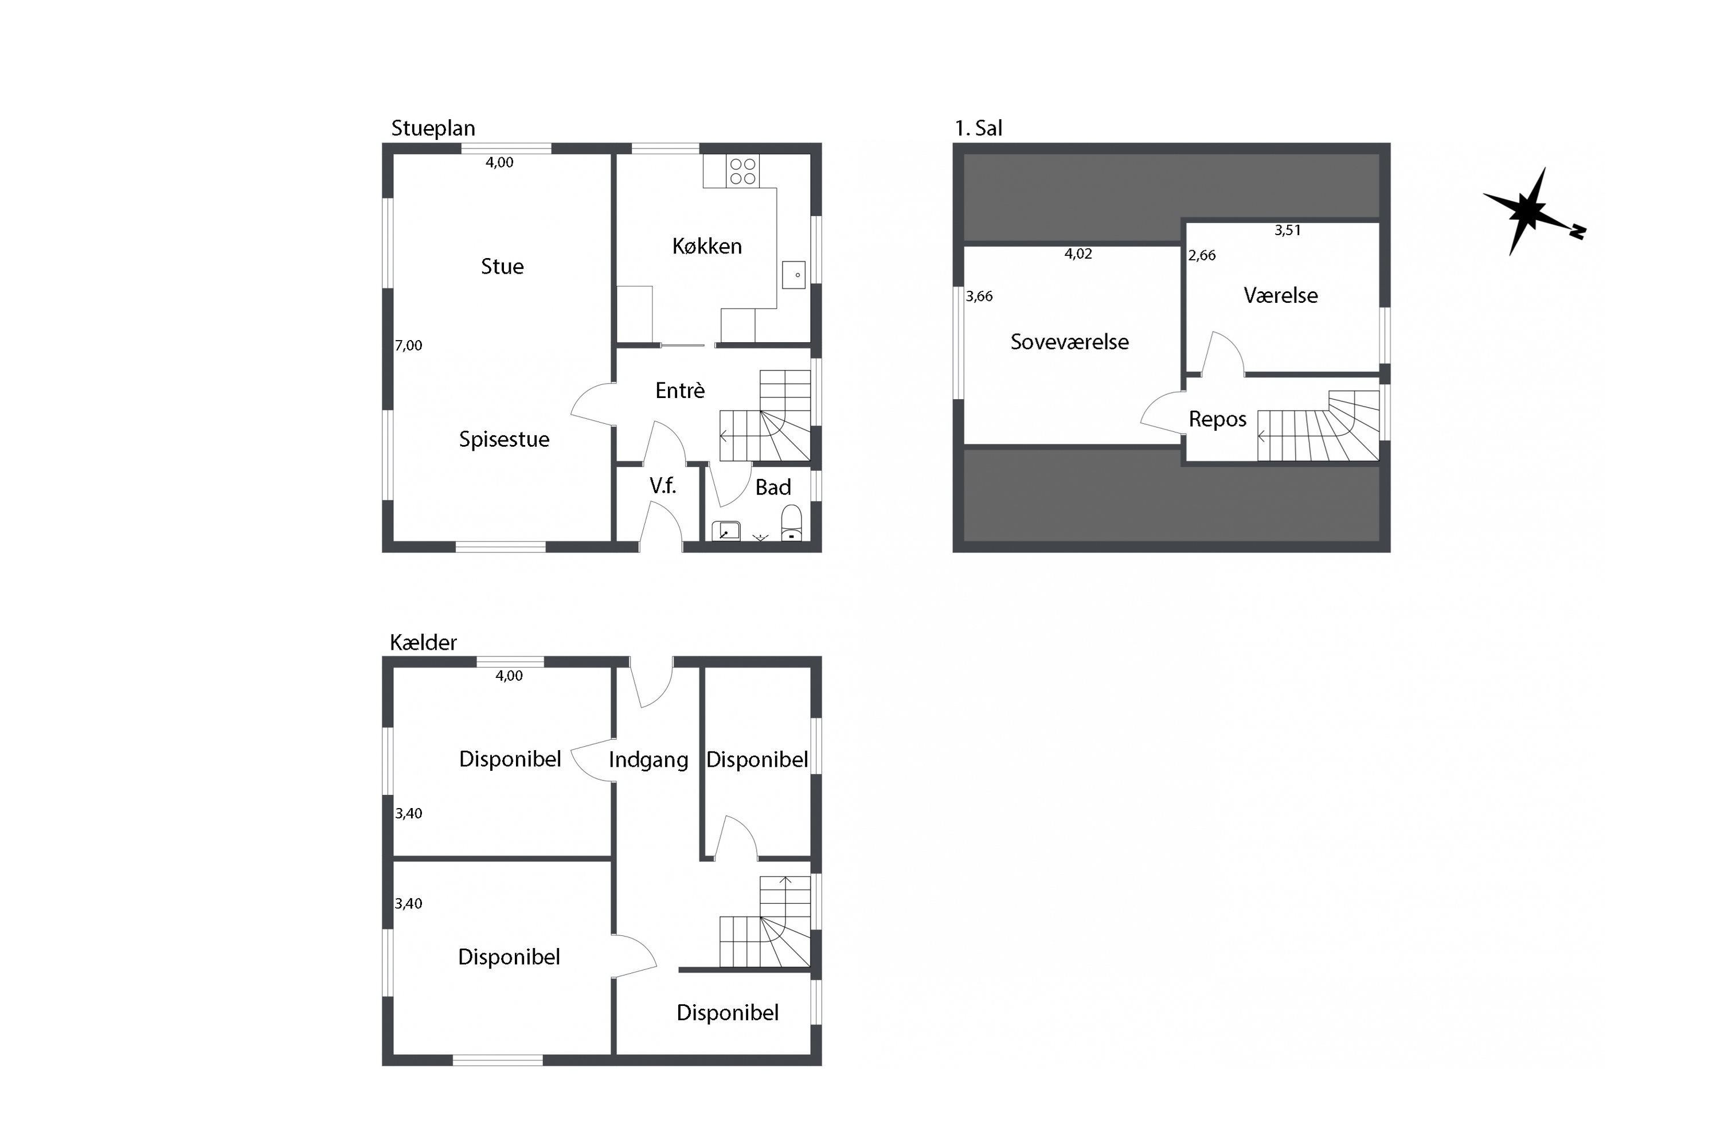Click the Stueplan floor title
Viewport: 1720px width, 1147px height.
tap(433, 128)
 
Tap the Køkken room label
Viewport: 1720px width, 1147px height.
tap(707, 246)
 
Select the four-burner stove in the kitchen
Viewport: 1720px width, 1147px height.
tap(743, 171)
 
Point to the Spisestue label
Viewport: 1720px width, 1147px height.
tap(504, 440)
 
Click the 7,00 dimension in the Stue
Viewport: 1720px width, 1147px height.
tap(409, 345)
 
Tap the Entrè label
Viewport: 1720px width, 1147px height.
tap(680, 390)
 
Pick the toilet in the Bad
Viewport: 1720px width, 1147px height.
tap(791, 524)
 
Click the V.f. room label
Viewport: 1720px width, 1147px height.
tap(663, 486)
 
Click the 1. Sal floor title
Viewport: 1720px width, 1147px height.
tap(979, 128)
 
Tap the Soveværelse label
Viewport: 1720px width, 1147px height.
tap(1069, 342)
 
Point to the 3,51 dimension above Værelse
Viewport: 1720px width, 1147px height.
tap(1288, 231)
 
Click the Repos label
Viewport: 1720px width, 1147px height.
tap(1218, 419)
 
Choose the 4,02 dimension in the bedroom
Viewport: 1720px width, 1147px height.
tap(1078, 254)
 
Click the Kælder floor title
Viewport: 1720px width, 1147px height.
tap(424, 643)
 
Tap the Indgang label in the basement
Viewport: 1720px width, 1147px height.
tap(648, 760)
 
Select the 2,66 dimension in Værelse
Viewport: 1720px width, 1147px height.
tap(1202, 255)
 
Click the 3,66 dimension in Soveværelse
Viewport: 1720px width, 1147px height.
tap(979, 296)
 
